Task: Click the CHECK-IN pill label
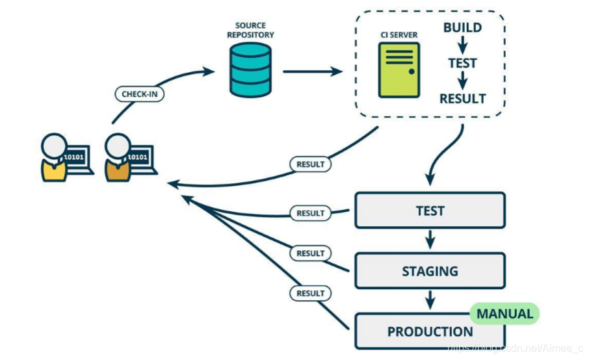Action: [x=139, y=94]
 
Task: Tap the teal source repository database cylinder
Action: [x=250, y=70]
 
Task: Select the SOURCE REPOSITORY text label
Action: [x=250, y=30]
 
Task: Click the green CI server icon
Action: [x=399, y=70]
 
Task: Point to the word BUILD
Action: [x=462, y=27]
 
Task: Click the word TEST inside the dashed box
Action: [x=462, y=63]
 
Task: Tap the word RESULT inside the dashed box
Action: [x=462, y=99]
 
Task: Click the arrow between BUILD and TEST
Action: [x=462, y=45]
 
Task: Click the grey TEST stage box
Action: [x=430, y=211]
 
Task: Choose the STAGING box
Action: [x=430, y=271]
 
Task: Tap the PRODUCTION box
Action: [x=430, y=331]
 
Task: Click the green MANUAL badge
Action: [x=504, y=313]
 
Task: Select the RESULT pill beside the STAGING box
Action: [x=310, y=253]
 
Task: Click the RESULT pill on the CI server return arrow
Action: [x=310, y=164]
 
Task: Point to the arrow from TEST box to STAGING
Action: [x=430, y=240]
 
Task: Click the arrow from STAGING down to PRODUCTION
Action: [x=430, y=300]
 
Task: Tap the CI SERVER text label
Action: [x=399, y=35]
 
